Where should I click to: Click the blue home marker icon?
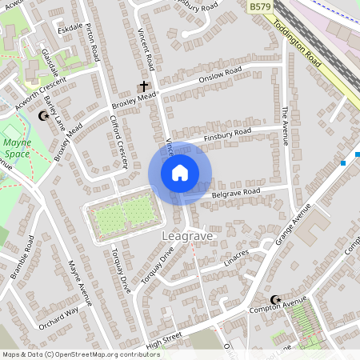[180, 173]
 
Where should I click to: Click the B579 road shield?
[258, 6]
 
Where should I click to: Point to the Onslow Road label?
[220, 78]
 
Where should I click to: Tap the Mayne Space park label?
[16, 149]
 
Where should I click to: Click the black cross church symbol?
[145, 86]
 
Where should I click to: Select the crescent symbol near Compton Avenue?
[276, 300]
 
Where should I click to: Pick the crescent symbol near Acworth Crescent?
[43, 117]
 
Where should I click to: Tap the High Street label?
[164, 339]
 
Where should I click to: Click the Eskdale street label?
[70, 30]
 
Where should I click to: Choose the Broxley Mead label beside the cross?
[133, 99]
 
